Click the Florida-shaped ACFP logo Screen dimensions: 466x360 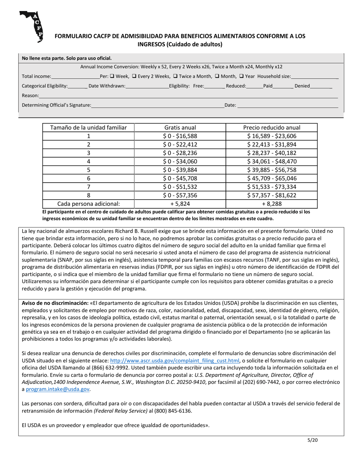click(x=31, y=26)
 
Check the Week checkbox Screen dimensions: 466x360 click(x=112, y=76)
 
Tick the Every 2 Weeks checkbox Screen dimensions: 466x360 click(x=134, y=76)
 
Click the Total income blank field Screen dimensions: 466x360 click(x=75, y=77)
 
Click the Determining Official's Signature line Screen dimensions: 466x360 click(x=157, y=106)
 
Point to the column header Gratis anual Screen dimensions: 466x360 click(x=180, y=128)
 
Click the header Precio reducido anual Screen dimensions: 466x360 click(x=271, y=128)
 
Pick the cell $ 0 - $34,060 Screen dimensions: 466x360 click(x=180, y=161)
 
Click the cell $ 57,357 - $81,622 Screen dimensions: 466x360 click(x=271, y=195)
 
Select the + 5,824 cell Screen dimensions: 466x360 click(x=180, y=204)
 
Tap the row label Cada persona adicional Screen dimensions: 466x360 click(x=88, y=204)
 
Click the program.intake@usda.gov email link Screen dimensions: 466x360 click(x=58, y=389)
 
